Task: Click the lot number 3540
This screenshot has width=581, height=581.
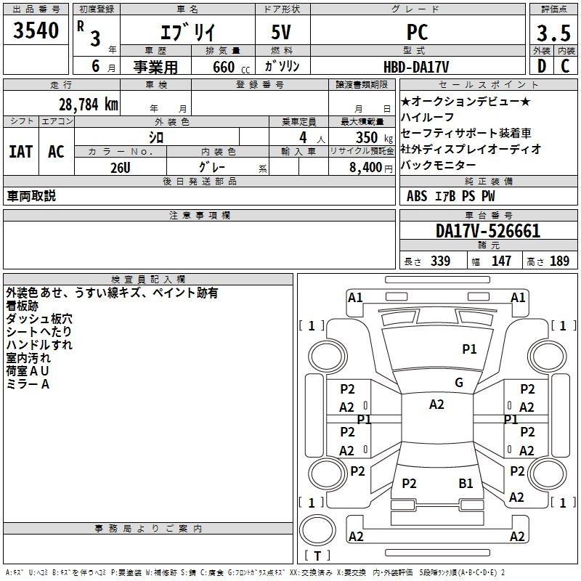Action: pyautogui.click(x=36, y=31)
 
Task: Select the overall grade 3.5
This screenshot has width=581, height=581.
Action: pyautogui.click(x=553, y=33)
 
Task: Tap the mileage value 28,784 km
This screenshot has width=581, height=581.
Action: pyautogui.click(x=89, y=105)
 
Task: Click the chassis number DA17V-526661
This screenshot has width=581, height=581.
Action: pyautogui.click(x=488, y=231)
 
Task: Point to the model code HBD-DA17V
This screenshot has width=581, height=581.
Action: pyautogui.click(x=416, y=67)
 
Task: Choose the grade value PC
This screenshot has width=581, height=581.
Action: pyautogui.click(x=417, y=32)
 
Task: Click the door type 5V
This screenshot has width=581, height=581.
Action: pyautogui.click(x=281, y=32)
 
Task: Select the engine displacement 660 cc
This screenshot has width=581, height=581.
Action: pyautogui.click(x=231, y=67)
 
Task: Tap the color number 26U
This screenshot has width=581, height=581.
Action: pyautogui.click(x=121, y=168)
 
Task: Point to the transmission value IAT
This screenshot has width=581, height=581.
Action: pyautogui.click(x=21, y=152)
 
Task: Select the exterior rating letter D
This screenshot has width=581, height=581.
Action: pyautogui.click(x=542, y=66)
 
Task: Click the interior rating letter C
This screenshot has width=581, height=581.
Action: pyautogui.click(x=565, y=66)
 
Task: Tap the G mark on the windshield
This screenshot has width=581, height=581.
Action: pyautogui.click(x=459, y=383)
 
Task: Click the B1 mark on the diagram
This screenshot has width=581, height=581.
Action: pyautogui.click(x=466, y=484)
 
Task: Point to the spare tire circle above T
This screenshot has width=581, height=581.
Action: pyautogui.click(x=317, y=530)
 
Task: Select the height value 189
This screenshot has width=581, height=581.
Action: pyautogui.click(x=559, y=261)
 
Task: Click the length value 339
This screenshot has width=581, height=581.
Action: pyautogui.click(x=440, y=261)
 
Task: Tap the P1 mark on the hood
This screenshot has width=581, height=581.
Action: pyautogui.click(x=469, y=349)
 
